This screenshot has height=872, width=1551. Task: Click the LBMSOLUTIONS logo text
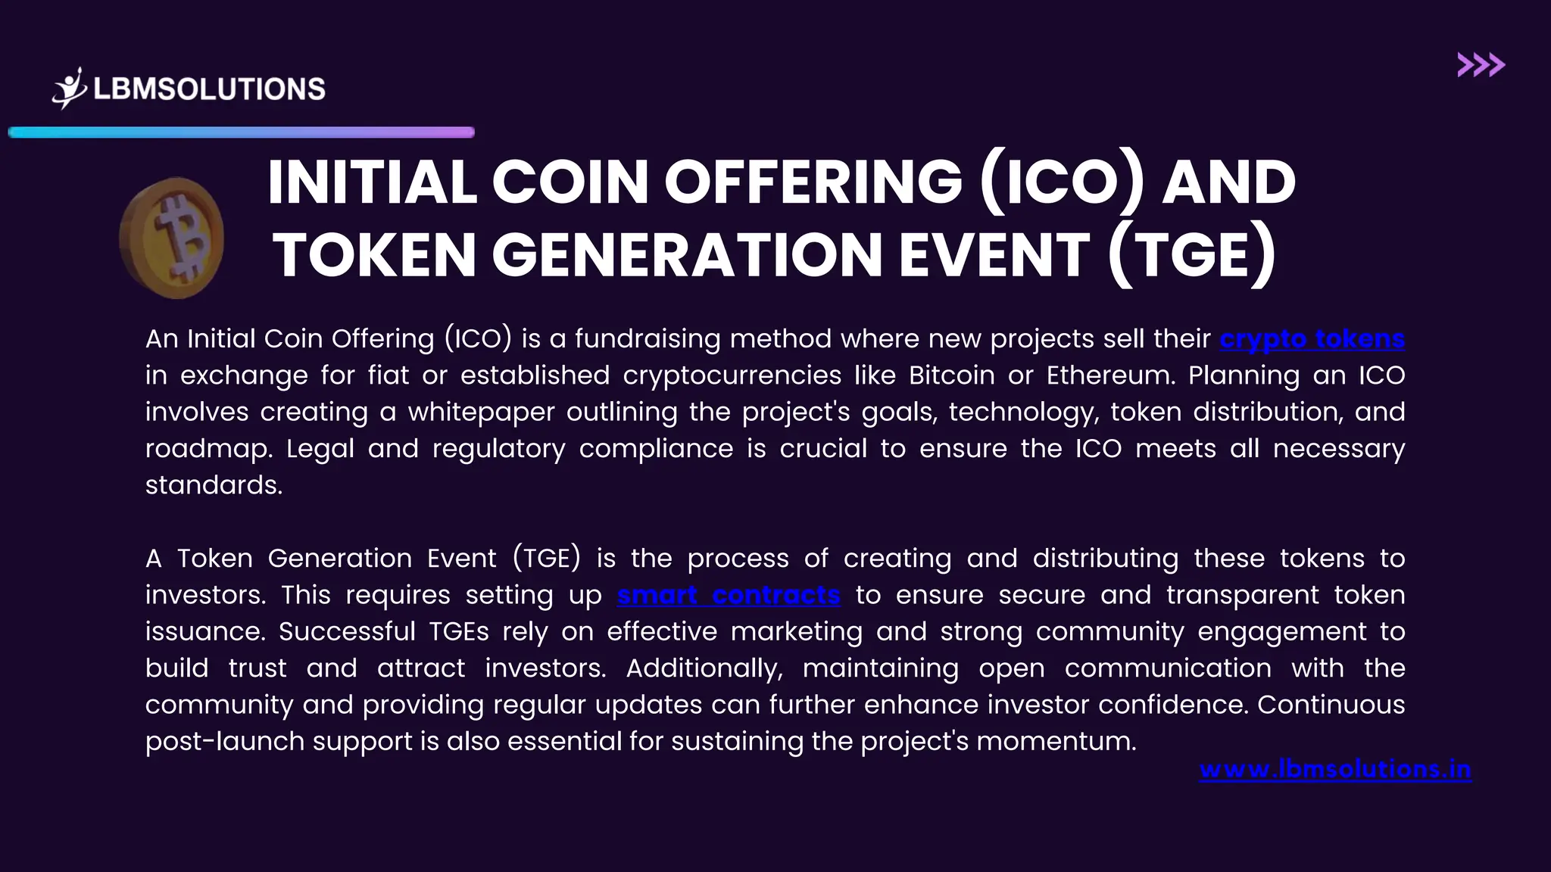pos(209,89)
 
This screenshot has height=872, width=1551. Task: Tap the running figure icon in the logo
pos(70,89)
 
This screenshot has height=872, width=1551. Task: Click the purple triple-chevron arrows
pos(1481,65)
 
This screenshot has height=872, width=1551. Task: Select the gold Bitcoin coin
pos(173,238)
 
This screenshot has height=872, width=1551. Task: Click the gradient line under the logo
pos(241,132)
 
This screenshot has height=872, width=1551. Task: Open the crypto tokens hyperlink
pos(1312,338)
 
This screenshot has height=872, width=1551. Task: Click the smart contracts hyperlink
pos(729,595)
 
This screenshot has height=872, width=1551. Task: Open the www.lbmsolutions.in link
pos(1335,769)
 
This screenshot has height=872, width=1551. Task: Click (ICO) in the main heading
pos(1061,182)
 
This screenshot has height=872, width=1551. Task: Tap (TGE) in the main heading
pos(1192,254)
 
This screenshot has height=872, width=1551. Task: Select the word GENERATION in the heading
pos(687,254)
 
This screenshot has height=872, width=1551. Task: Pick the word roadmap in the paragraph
pos(208,449)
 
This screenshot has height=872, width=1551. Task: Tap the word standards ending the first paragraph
pos(213,485)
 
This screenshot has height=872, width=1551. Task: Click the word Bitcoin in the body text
pos(951,375)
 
